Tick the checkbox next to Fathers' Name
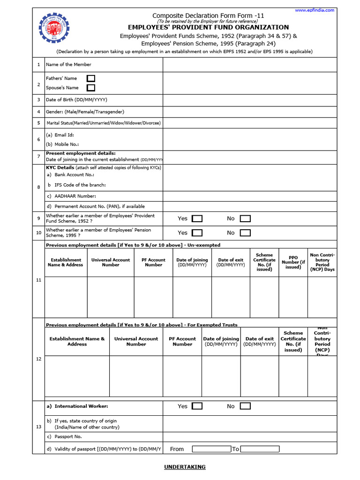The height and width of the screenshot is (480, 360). (x=91, y=78)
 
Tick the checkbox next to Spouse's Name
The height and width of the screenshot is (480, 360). (x=91, y=88)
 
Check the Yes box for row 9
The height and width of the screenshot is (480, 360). (x=197, y=218)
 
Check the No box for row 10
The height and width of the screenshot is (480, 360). (x=245, y=233)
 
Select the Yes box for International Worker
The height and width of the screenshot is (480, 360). (x=197, y=406)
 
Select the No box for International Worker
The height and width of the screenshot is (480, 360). (x=245, y=406)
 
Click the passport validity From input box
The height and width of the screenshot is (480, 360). (x=211, y=449)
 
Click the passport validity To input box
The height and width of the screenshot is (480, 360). (x=260, y=449)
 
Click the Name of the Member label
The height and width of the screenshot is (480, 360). (x=68, y=65)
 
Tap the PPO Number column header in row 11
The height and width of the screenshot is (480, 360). (x=293, y=262)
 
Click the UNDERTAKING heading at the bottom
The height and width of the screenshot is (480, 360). (x=185, y=467)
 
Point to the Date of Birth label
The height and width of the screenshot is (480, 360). (x=76, y=100)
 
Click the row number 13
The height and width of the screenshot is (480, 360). (x=38, y=427)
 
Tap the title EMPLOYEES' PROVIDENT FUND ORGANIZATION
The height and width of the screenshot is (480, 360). (x=209, y=27)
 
